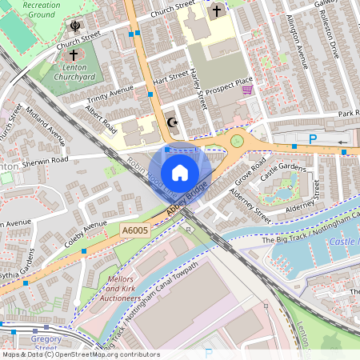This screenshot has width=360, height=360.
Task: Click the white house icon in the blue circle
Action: pyautogui.click(x=180, y=172)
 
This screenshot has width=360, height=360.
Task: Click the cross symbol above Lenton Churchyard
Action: pyautogui.click(x=74, y=55)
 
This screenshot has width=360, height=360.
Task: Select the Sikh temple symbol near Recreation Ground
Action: pyautogui.click(x=75, y=26)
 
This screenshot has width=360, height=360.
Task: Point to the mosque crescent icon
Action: pyautogui.click(x=170, y=122)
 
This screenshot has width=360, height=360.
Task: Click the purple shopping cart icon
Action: pyautogui.click(x=246, y=90)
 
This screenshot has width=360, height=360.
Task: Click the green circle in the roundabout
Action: pyautogui.click(x=237, y=141)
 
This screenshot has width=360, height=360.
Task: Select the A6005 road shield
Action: pyautogui.click(x=134, y=230)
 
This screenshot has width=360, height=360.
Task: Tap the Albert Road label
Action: pyautogui.click(x=101, y=118)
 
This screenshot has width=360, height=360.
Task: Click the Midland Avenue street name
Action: pyautogui.click(x=46, y=124)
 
